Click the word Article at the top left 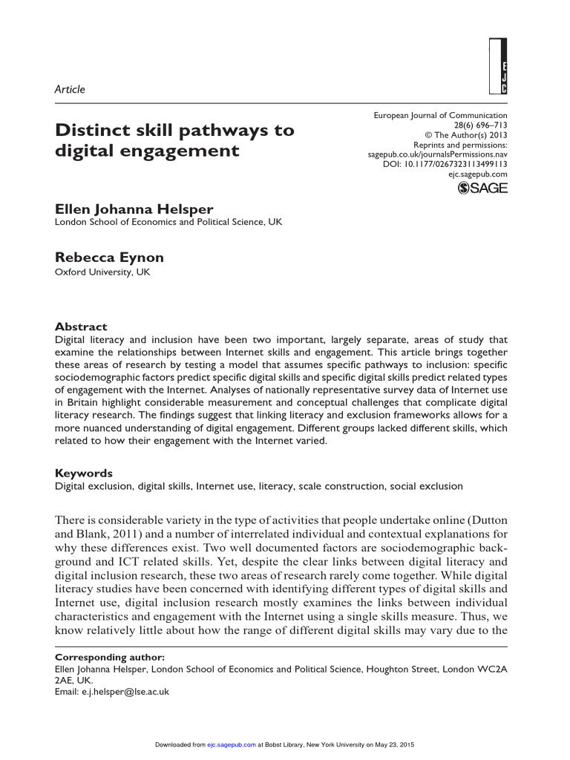pyautogui.click(x=71, y=89)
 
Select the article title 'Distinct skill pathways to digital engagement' pyautogui.click(x=174, y=141)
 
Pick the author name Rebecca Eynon pyautogui.click(x=109, y=258)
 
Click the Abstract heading pyautogui.click(x=81, y=327)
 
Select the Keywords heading pyautogui.click(x=84, y=473)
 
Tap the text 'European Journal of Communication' pyautogui.click(x=441, y=115)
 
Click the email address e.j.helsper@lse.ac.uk pyautogui.click(x=126, y=691)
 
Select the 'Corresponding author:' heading pyautogui.click(x=110, y=657)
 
